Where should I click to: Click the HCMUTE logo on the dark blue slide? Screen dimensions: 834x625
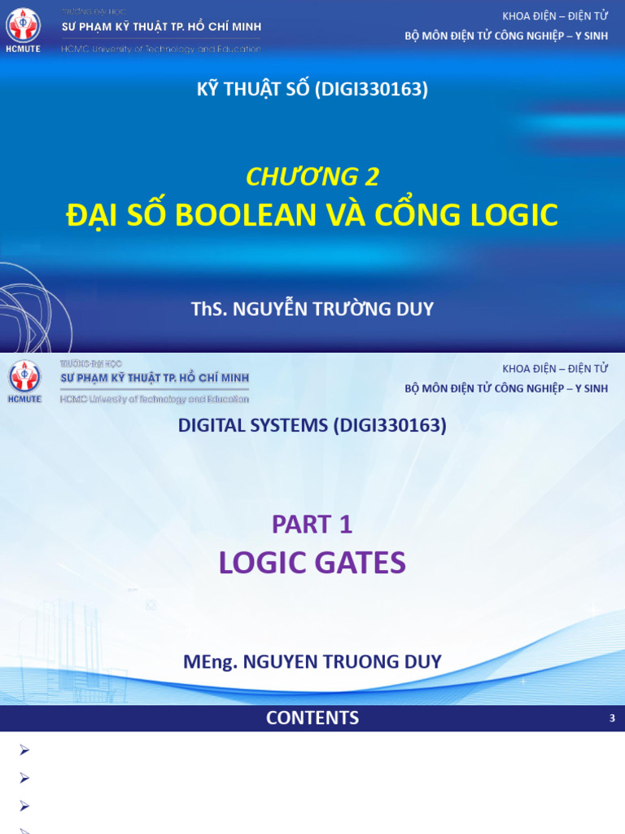(23, 29)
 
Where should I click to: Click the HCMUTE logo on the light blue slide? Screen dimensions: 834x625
(23, 380)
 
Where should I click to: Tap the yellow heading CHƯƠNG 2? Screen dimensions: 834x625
(312, 176)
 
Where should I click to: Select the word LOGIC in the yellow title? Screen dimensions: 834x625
(512, 215)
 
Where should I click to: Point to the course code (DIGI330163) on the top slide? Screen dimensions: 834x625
(371, 90)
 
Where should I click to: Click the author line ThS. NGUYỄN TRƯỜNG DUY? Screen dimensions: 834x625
(312, 309)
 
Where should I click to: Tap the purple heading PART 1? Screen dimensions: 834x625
(312, 525)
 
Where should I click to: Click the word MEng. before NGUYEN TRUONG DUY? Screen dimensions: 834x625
(209, 661)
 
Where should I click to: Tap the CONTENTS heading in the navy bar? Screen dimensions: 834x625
(312, 718)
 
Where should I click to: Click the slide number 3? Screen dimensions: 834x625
(612, 718)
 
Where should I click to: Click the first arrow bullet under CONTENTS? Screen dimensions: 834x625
(24, 750)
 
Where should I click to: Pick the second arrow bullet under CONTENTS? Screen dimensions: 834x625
(24, 778)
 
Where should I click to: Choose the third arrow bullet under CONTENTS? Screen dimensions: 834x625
(24, 805)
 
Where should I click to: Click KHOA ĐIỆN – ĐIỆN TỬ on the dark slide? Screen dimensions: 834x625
(555, 16)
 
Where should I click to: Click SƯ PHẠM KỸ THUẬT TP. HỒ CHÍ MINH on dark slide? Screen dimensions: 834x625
(161, 27)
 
